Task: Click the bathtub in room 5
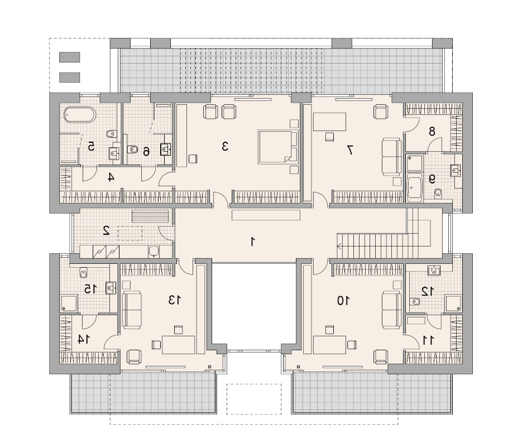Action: tap(80, 114)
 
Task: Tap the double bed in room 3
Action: tap(278, 147)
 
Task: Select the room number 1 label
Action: tap(252, 242)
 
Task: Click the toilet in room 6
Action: tap(133, 149)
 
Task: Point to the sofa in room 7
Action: tap(391, 156)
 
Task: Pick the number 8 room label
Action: tap(432, 132)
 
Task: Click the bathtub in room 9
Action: tap(414, 187)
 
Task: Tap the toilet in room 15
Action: tap(83, 272)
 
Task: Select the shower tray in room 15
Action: tap(69, 303)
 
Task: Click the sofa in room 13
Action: tap(131, 310)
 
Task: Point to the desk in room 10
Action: tap(329, 345)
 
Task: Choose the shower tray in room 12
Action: tap(453, 303)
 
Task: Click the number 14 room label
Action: tap(83, 340)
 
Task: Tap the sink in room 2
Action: tap(154, 251)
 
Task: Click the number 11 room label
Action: tap(428, 340)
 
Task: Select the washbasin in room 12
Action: tap(434, 269)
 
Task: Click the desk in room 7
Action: tap(329, 122)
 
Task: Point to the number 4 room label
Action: tap(110, 177)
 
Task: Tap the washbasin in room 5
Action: tap(114, 154)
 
